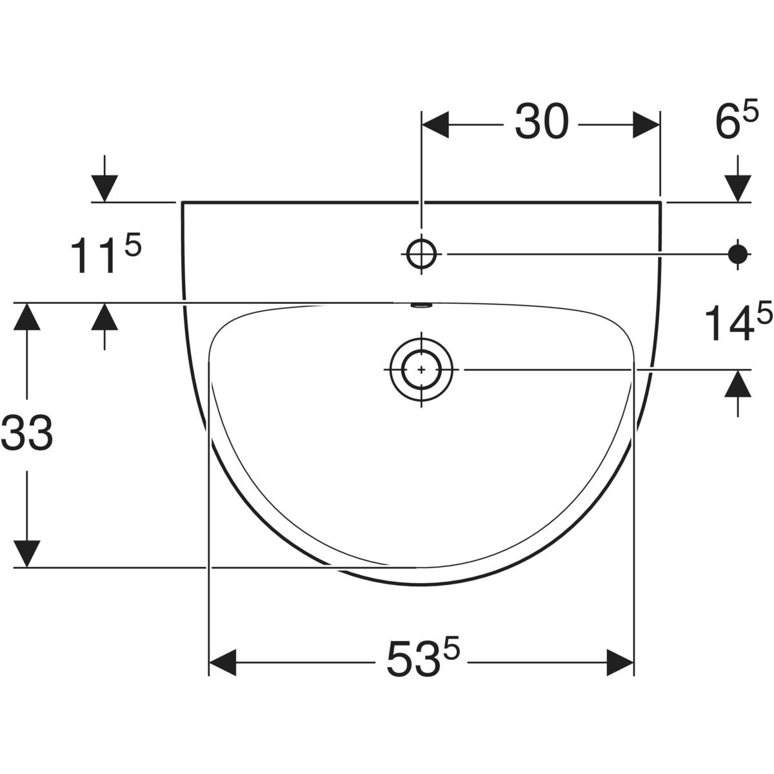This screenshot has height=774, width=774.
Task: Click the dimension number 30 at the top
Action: [x=541, y=121]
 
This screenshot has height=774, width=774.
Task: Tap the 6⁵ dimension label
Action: [x=736, y=119]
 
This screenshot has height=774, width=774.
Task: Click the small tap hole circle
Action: [x=421, y=254]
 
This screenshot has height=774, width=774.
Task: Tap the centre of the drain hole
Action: [x=421, y=370]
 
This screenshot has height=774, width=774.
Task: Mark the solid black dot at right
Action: [x=739, y=254]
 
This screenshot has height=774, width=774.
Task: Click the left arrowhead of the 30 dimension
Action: [x=435, y=125]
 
